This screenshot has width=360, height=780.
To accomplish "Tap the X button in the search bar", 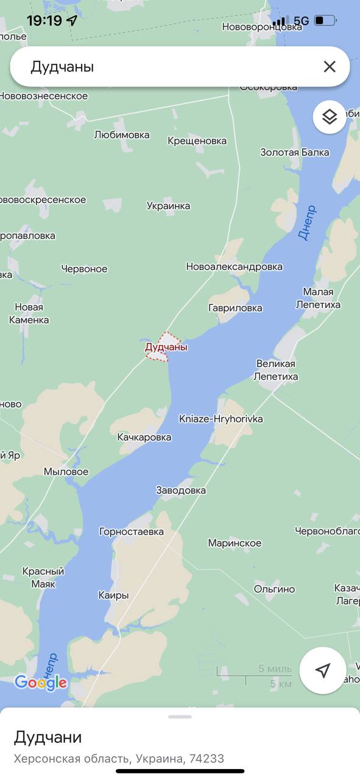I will pyautogui.click(x=329, y=67).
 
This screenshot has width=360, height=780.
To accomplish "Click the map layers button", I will pyautogui.click(x=330, y=116).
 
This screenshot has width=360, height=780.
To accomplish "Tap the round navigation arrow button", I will pyautogui.click(x=323, y=670).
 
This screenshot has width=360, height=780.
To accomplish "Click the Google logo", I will pyautogui.click(x=40, y=682).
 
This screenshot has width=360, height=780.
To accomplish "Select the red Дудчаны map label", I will pyautogui.click(x=166, y=347).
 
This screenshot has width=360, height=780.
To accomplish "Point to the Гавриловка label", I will pyautogui.click(x=235, y=308).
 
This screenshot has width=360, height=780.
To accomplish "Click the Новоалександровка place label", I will pyautogui.click(x=234, y=266).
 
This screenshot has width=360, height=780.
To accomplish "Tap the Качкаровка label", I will pyautogui.click(x=144, y=437).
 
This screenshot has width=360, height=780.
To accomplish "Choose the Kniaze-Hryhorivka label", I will pyautogui.click(x=213, y=419).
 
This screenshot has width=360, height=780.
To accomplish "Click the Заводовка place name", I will pyautogui.click(x=181, y=490).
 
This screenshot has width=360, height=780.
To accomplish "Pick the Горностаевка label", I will pyautogui.click(x=132, y=531).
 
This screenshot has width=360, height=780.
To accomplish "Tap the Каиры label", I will pyautogui.click(x=113, y=595).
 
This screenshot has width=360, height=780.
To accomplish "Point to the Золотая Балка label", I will pyautogui.click(x=294, y=152).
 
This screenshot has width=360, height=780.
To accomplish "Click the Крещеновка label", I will pyautogui.click(x=197, y=141).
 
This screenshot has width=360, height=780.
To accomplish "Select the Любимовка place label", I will pyautogui.click(x=122, y=135).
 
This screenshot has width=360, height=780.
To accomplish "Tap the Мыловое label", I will pyautogui.click(x=66, y=472).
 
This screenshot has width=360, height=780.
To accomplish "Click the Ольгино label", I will pyautogui.click(x=275, y=589).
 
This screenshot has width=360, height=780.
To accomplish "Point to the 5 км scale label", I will pyautogui.click(x=280, y=684).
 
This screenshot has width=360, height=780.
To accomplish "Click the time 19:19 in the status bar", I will pyautogui.click(x=44, y=21).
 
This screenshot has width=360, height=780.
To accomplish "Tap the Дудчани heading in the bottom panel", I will pyautogui.click(x=48, y=737).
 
